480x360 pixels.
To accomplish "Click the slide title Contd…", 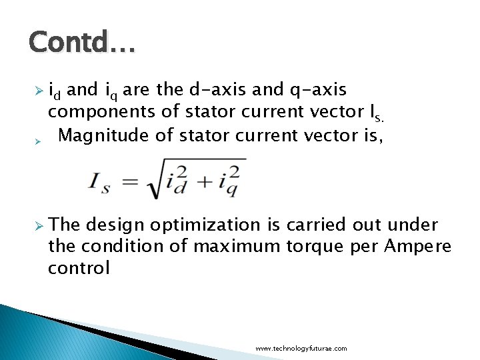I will [82, 44].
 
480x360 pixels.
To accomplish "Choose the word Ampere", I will [418, 247].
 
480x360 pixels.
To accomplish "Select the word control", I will [79, 268].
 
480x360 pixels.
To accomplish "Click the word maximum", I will [233, 247].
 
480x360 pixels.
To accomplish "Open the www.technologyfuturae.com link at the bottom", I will [301, 349].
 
